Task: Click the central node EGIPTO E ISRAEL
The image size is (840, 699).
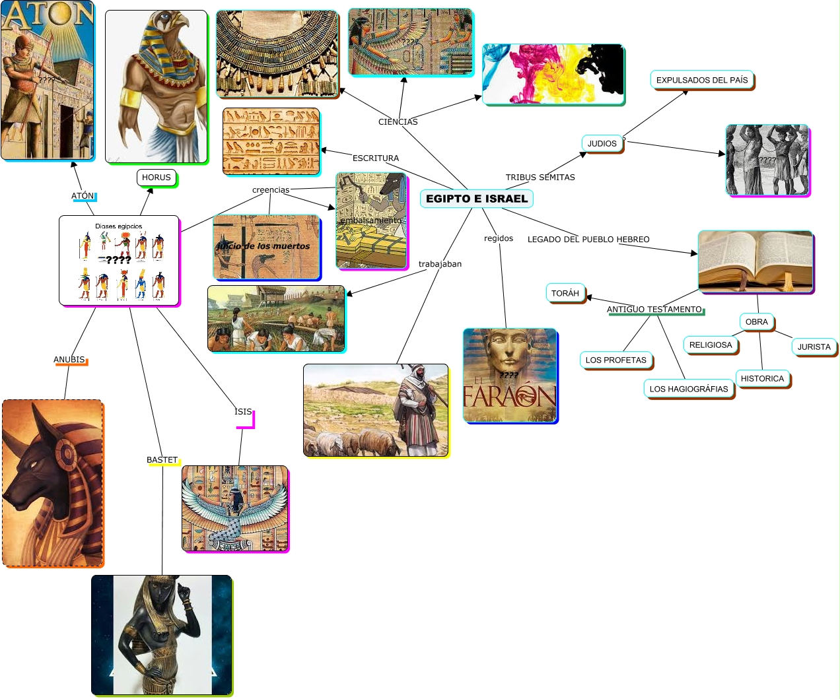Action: [x=476, y=199]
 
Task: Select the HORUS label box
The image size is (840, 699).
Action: [x=157, y=178]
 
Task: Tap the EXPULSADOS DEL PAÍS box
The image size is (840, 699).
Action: [x=701, y=81]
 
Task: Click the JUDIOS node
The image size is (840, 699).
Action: [x=602, y=144]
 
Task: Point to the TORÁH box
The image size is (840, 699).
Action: [x=565, y=294]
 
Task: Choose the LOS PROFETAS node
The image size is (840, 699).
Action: [x=615, y=360]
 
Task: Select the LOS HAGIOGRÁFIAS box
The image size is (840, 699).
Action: [x=688, y=389]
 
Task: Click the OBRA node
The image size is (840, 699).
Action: [x=756, y=322]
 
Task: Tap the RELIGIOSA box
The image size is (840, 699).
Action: [x=711, y=345]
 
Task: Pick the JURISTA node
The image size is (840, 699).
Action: [x=814, y=347]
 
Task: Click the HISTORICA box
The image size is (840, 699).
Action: [x=762, y=379]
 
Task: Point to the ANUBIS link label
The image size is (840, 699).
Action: [x=69, y=360]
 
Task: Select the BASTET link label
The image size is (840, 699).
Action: [x=162, y=460]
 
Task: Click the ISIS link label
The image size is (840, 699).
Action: [x=243, y=412]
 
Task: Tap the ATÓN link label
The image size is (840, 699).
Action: [x=83, y=196]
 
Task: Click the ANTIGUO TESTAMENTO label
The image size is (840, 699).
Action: [x=654, y=310]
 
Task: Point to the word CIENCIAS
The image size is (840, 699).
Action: [x=398, y=122]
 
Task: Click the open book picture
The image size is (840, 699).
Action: [x=755, y=261]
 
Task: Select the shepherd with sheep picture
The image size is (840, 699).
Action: [x=375, y=410]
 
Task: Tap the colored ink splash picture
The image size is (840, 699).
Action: [x=553, y=74]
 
